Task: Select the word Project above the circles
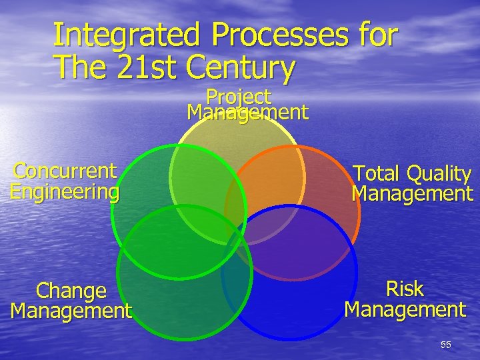239,97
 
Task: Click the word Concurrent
65,171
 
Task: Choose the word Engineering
65,192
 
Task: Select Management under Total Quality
412,194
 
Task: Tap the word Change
71,291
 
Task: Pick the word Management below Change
71,311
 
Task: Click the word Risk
405,289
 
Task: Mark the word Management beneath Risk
405,309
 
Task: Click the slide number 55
445,345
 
